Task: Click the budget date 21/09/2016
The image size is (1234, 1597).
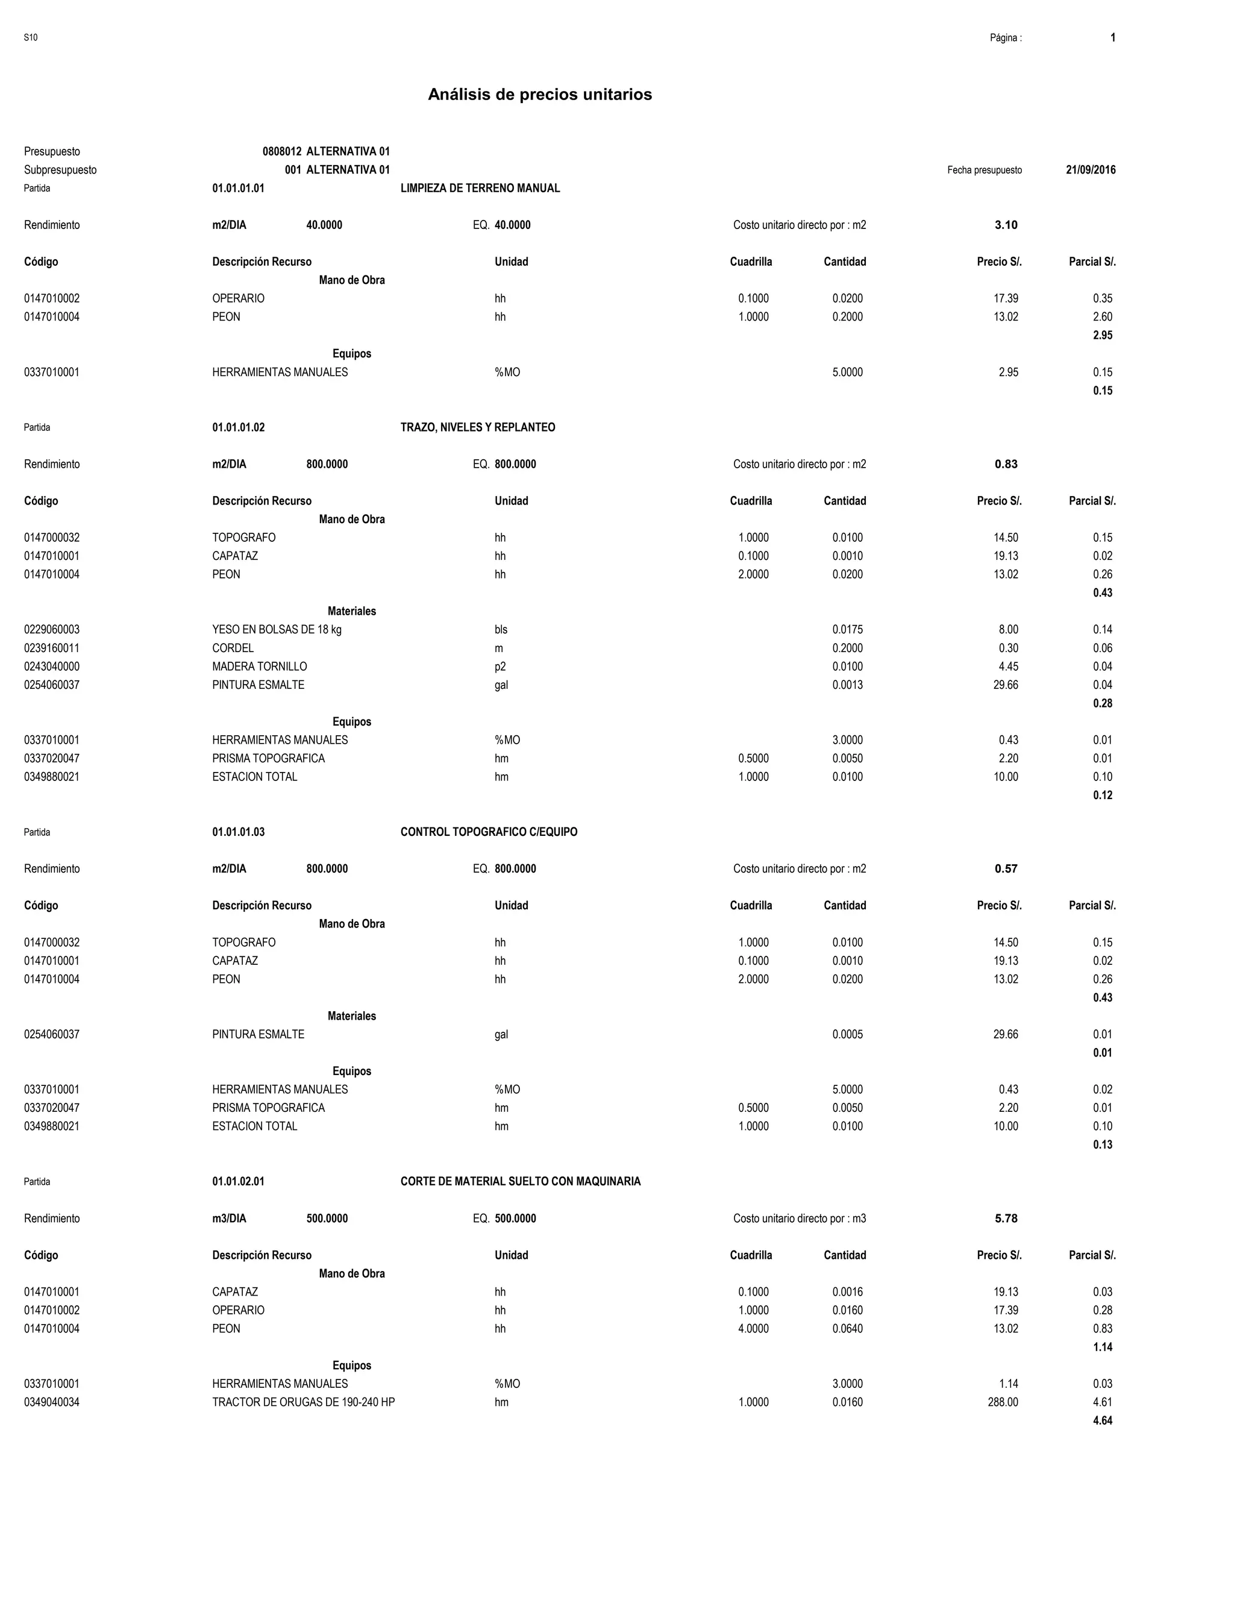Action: click(1091, 170)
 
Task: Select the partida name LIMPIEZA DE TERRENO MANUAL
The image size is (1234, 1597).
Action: click(480, 188)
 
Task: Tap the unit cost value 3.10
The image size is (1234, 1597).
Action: click(1006, 225)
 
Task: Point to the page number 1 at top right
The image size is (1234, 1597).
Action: click(1113, 37)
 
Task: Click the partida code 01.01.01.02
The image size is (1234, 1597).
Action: click(239, 427)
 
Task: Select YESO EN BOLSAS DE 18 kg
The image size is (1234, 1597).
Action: click(277, 630)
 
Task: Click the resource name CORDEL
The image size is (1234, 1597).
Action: click(233, 648)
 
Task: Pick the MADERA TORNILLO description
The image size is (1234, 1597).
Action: click(260, 666)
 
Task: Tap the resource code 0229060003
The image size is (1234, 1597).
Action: click(52, 630)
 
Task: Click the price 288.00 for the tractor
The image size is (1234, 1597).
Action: click(1003, 1402)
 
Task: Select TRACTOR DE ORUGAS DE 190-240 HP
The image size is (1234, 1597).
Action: click(304, 1402)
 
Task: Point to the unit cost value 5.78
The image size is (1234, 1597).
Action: click(1006, 1218)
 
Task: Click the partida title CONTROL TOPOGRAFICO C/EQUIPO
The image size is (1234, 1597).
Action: click(489, 832)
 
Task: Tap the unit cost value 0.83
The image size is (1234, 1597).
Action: click(1006, 464)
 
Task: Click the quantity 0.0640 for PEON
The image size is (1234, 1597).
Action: click(847, 1329)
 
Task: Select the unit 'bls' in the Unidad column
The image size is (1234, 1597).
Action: click(501, 630)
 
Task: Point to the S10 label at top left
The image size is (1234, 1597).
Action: click(31, 37)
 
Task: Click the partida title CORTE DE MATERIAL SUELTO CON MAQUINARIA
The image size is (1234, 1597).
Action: click(521, 1182)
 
